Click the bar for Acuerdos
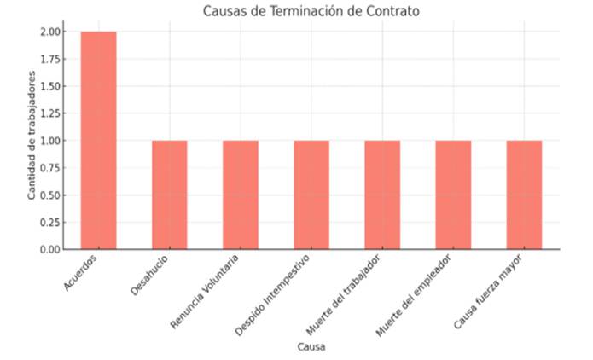[98, 141]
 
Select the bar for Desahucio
[169, 195]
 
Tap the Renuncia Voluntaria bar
[240, 195]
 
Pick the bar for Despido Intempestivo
[311, 195]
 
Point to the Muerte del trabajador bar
[381, 195]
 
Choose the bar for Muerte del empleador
[452, 195]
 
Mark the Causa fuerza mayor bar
[523, 195]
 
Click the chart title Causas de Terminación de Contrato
[311, 11]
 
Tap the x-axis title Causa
[311, 347]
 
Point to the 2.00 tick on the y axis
[50, 32]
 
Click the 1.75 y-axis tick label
[50, 59]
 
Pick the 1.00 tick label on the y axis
[50, 141]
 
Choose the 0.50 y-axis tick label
[50, 195]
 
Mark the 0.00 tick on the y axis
[50, 250]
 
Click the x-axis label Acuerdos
[81, 274]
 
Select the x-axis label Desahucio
[150, 276]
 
